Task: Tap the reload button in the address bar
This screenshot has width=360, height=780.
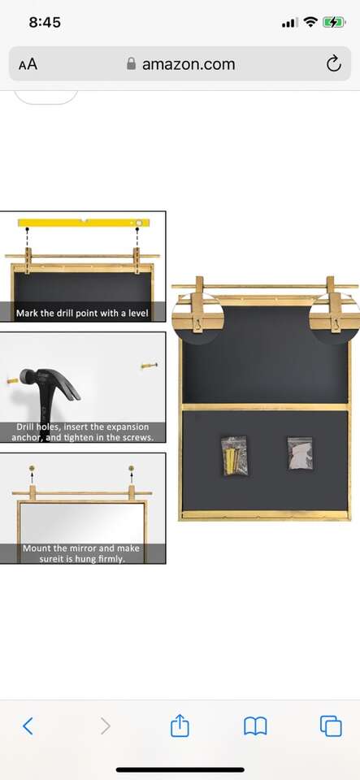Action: point(334,63)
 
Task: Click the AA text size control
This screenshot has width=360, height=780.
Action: point(28,64)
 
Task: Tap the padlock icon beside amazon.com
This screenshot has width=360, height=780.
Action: point(132,63)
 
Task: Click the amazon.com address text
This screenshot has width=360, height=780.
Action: point(189,64)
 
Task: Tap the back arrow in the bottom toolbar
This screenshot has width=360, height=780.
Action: point(28,726)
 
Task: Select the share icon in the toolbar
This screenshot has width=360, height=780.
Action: point(180,725)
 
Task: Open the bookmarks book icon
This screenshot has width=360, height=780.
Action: point(256,726)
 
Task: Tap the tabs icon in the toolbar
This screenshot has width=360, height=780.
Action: point(332,726)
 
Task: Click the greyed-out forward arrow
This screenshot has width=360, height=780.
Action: point(106,726)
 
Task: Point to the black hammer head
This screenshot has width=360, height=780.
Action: point(50,382)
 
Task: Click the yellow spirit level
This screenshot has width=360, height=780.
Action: point(84,223)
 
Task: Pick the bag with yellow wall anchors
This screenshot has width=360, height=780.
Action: point(235,455)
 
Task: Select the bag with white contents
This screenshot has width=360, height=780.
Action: point(301,453)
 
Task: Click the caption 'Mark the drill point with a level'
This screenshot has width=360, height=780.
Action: point(82,314)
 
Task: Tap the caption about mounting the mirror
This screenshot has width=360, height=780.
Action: point(81,553)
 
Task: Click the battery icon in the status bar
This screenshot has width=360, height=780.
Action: point(334,23)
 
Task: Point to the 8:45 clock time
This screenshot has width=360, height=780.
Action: point(45,23)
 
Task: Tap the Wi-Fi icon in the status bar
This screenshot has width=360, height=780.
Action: point(310,23)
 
